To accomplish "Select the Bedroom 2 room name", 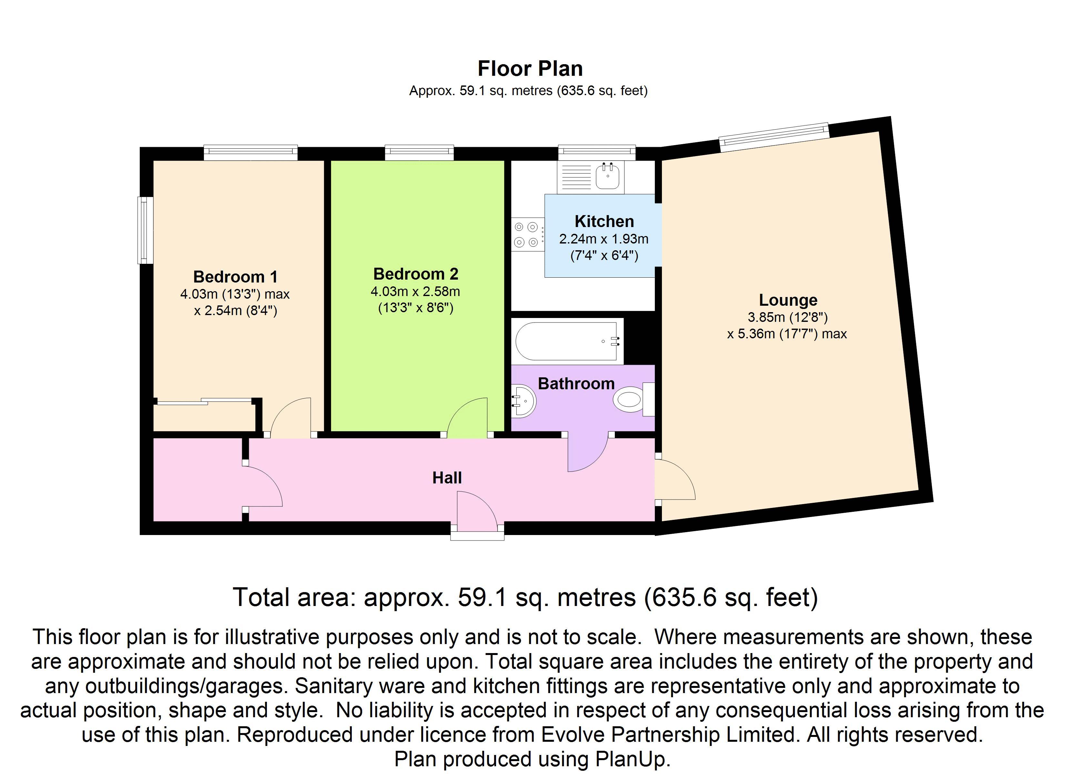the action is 416,274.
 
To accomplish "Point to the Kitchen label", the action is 604,221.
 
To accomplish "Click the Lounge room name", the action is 788,300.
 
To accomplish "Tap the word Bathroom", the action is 576,383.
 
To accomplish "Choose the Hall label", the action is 447,478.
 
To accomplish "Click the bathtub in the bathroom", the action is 567,341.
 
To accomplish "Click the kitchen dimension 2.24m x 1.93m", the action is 604,239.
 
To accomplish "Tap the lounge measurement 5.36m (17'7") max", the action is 787,334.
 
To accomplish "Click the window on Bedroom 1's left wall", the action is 145,230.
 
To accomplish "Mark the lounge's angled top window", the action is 774,137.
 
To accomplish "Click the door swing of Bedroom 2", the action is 467,415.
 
